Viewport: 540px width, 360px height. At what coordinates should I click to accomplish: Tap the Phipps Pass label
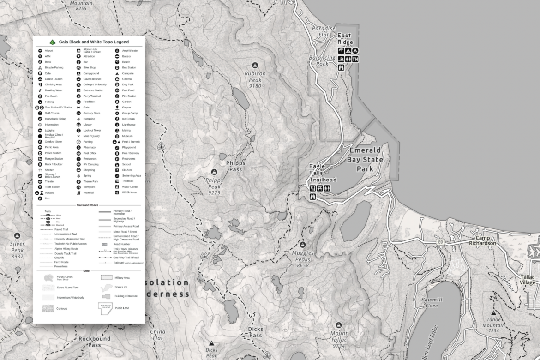coord(235,166)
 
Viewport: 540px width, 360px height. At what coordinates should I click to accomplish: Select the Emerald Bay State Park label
coord(366,159)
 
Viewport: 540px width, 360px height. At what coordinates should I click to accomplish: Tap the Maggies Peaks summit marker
coord(303,244)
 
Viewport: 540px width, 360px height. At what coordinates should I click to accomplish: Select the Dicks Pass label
coord(255,332)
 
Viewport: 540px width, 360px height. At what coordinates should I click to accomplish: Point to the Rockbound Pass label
coord(94,342)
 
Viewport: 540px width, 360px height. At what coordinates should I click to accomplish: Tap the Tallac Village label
coord(528,279)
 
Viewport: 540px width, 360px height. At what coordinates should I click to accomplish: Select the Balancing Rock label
coord(323,61)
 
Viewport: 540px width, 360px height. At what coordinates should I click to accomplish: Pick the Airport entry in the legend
coord(48,50)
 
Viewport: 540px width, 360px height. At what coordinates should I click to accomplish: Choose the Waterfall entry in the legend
coord(88,192)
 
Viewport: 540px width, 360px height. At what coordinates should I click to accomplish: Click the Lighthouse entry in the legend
coord(128,125)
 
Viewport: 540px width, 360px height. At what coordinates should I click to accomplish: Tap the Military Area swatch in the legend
coord(107,278)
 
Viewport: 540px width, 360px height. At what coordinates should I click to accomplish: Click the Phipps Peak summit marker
coord(214,172)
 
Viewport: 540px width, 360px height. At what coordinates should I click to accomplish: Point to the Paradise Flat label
coord(323,31)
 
